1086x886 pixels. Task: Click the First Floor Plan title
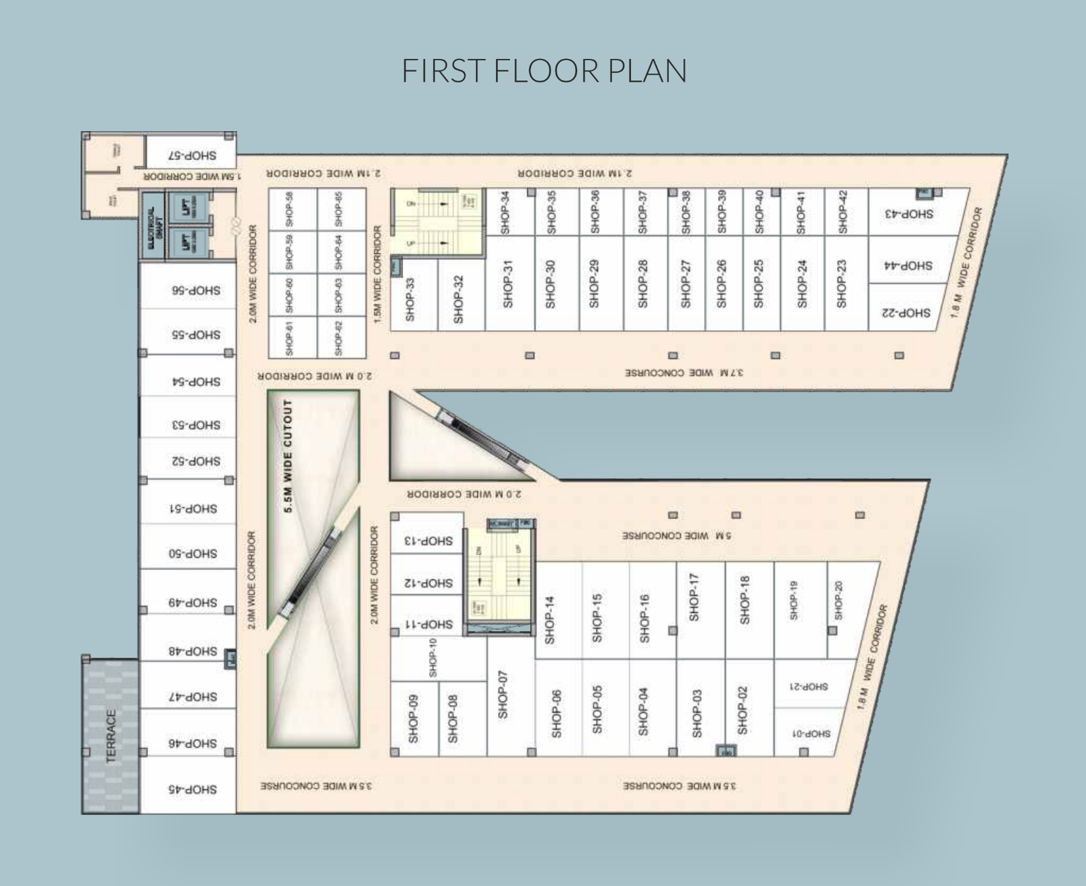[x=544, y=71]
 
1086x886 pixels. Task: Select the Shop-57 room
[x=192, y=155]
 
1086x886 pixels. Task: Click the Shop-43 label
[x=909, y=214]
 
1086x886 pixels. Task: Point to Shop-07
[x=503, y=696]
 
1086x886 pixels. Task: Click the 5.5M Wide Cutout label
[x=288, y=456]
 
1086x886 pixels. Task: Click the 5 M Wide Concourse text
[x=677, y=536]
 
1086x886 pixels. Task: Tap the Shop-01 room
[x=810, y=733]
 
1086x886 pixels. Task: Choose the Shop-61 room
[x=290, y=338]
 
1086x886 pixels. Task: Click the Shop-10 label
[x=432, y=657]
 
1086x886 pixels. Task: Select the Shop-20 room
[x=839, y=600]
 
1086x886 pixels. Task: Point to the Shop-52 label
[x=195, y=461]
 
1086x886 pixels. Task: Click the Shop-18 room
[x=745, y=600]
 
